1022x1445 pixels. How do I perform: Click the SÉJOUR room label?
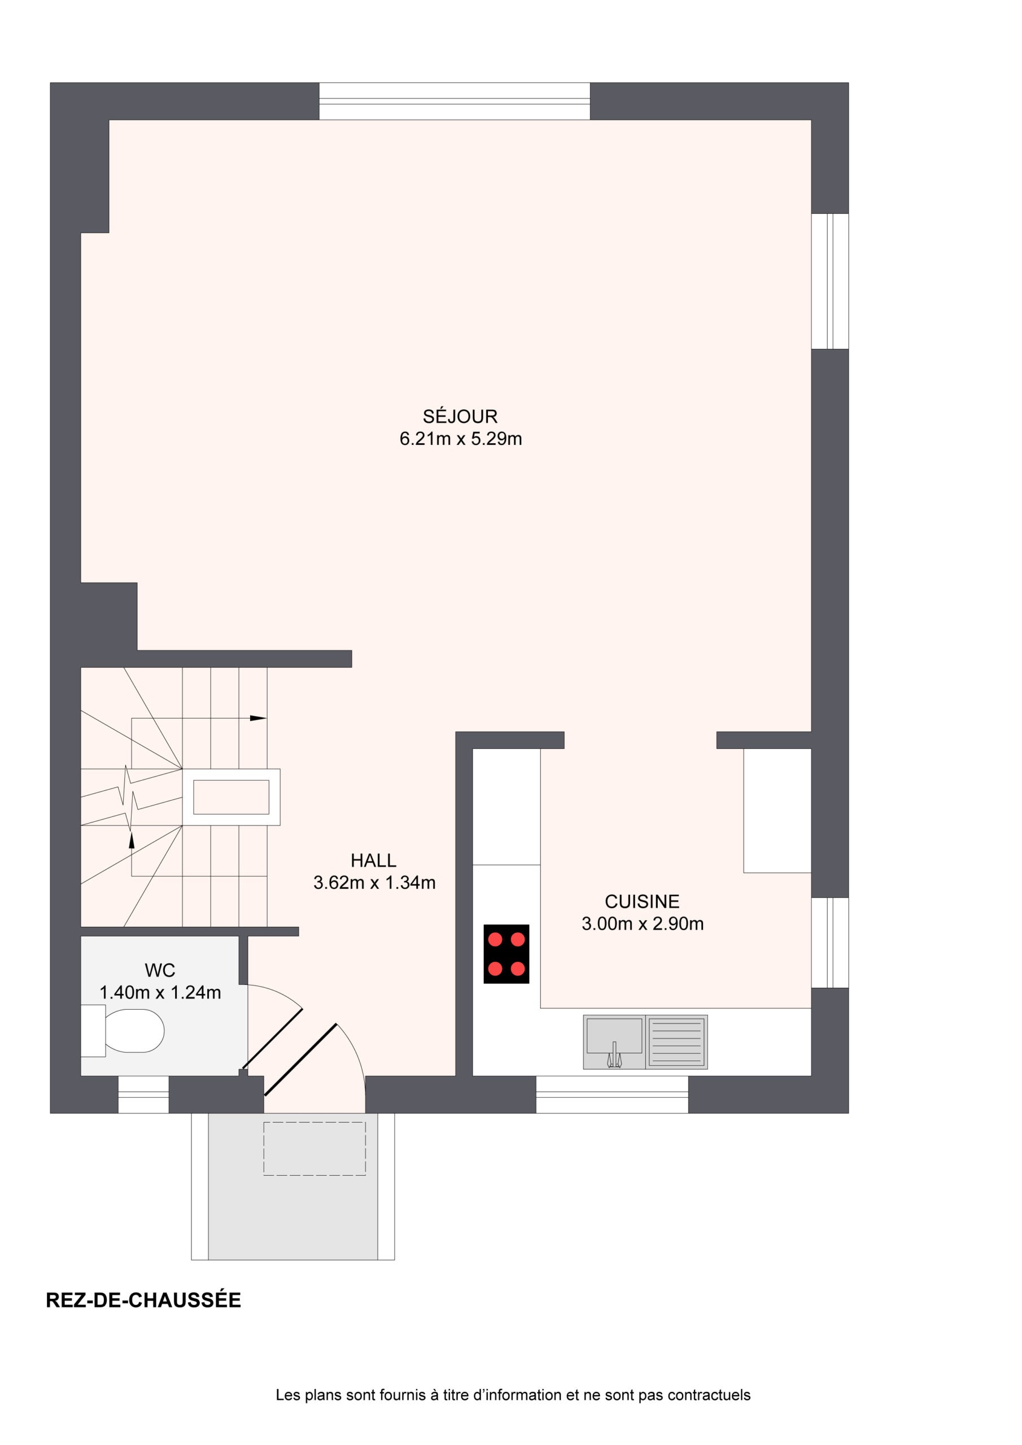point(460,416)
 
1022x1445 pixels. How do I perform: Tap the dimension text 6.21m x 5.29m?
point(460,439)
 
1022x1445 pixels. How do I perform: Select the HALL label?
point(373,860)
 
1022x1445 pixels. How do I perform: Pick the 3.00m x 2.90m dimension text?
point(643,923)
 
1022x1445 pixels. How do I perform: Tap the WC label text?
point(160,970)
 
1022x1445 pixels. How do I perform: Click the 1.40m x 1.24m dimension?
point(160,992)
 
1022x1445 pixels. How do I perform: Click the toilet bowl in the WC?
point(133,1031)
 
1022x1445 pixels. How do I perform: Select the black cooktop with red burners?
point(506,953)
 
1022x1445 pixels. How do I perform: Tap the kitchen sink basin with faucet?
point(614,1041)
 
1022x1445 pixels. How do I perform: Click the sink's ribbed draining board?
point(676,1041)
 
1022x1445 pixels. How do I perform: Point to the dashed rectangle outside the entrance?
point(314,1149)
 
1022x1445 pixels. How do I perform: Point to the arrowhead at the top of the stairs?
point(258,718)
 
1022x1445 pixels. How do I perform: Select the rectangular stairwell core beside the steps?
point(231,797)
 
